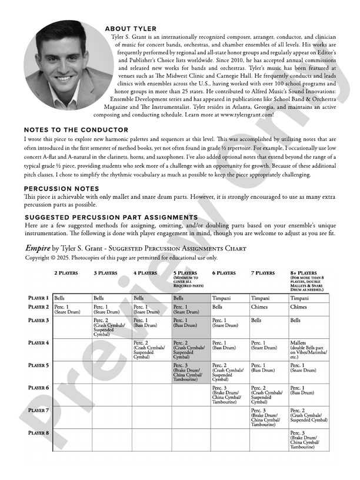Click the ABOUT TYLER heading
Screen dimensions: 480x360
(131, 29)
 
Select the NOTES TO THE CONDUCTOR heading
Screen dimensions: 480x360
(76, 129)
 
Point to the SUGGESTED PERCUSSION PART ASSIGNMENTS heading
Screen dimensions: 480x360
(111, 218)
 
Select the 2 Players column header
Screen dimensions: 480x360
(66, 273)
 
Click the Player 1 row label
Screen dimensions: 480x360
(39, 298)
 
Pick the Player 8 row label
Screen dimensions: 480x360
(39, 433)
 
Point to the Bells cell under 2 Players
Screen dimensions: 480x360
(72, 298)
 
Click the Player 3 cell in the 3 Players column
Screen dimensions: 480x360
(111, 327)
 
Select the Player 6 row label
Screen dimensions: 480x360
(39, 388)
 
